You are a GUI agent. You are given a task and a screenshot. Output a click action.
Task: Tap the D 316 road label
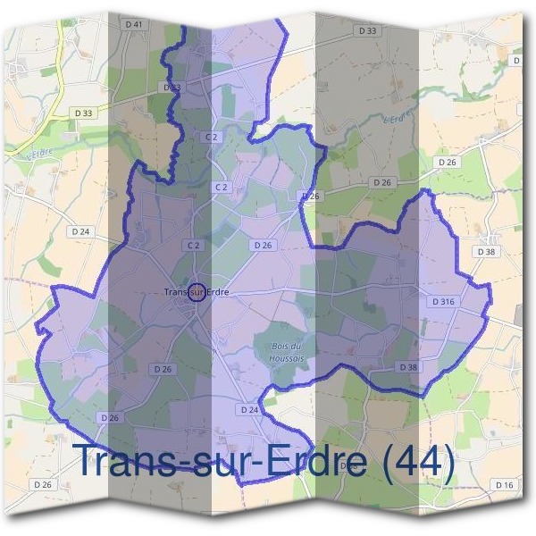pos(443,302)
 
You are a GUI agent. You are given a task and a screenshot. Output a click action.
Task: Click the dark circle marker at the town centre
pos(198,292)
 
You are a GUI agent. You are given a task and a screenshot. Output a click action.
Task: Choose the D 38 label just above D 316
pos(486,252)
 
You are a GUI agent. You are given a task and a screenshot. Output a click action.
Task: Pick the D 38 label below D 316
pos(407,367)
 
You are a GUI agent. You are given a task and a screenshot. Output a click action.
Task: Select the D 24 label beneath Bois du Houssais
pos(249,409)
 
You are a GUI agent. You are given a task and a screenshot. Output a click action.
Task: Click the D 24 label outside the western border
pos(80,230)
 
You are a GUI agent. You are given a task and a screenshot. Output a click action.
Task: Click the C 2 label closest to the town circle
pos(192,245)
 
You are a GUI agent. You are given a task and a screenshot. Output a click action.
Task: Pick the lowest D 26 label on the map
pos(42,484)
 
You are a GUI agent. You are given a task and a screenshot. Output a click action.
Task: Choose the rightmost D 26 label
pos(448,162)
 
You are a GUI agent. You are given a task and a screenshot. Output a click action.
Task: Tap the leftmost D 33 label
pos(83,113)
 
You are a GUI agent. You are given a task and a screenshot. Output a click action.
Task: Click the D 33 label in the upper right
pos(367,30)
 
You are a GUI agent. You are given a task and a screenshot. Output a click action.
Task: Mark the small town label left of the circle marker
pos(179,292)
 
